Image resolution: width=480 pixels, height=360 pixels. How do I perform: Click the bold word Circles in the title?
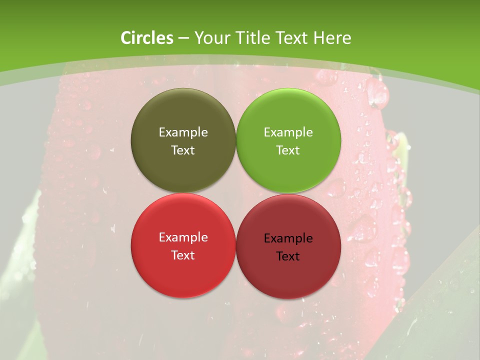(147, 38)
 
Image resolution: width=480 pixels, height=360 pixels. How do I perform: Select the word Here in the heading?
(332, 38)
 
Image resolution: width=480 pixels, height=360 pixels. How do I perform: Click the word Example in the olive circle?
(183, 132)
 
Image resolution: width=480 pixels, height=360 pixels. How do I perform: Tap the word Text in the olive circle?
(183, 150)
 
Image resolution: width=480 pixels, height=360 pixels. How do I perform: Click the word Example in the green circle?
(288, 132)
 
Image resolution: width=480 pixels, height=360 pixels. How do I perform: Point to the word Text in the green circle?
(288, 150)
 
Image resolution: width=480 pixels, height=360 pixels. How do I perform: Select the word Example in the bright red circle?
(183, 237)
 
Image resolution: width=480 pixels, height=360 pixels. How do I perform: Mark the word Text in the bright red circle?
(183, 255)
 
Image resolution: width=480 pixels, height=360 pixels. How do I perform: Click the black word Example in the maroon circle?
(288, 238)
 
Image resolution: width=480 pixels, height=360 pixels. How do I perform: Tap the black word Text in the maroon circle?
(288, 256)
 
